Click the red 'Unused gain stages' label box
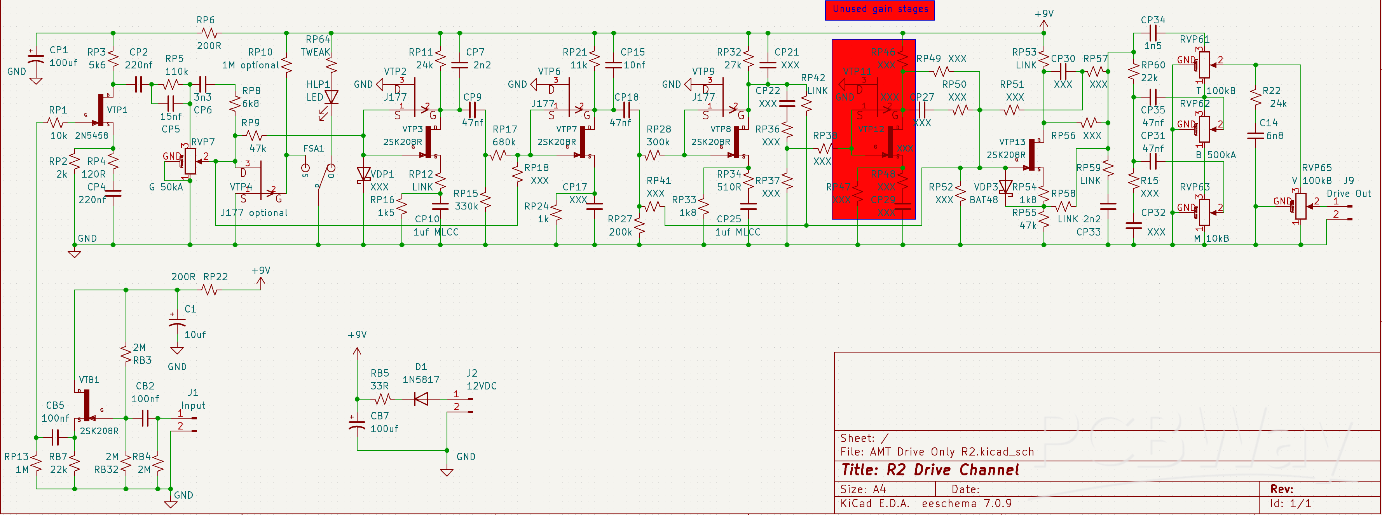tap(879, 10)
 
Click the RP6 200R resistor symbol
tap(209, 33)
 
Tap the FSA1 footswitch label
tap(313, 148)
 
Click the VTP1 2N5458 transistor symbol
tap(102, 110)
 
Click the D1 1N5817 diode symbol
tap(421, 399)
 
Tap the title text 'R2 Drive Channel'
tap(930, 470)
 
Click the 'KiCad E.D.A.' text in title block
tap(874, 504)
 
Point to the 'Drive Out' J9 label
tap(1348, 193)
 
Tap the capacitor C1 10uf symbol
tap(177, 322)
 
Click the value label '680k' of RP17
tap(504, 142)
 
